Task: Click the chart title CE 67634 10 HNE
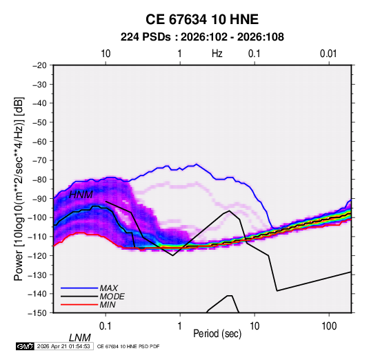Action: click(202, 19)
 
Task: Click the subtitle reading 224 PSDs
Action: click(146, 37)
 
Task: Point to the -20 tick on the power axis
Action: click(39, 65)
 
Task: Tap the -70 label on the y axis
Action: click(39, 160)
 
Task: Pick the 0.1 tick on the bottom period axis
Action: click(106, 326)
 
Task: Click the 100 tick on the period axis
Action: click(329, 326)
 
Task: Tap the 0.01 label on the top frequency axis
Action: click(328, 54)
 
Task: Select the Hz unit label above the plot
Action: click(217, 54)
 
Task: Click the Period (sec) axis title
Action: click(217, 334)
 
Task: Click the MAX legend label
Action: click(108, 288)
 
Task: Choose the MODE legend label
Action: click(112, 297)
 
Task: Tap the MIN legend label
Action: click(108, 305)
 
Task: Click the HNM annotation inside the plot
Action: click(81, 195)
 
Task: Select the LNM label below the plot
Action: click(80, 338)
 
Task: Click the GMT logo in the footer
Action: click(25, 346)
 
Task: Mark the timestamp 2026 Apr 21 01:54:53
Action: click(63, 346)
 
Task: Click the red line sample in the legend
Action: click(79, 305)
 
